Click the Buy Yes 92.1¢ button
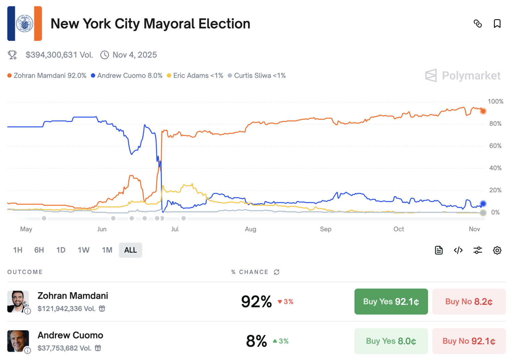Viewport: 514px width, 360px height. [x=391, y=301]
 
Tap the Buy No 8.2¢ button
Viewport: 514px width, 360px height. [x=469, y=301]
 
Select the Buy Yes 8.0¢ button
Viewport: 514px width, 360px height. [x=391, y=341]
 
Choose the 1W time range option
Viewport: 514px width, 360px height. [x=83, y=250]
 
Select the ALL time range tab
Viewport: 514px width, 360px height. [x=131, y=250]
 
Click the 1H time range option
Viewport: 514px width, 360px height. [x=18, y=250]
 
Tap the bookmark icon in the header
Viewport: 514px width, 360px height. [x=497, y=23]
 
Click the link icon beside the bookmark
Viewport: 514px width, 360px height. [x=478, y=23]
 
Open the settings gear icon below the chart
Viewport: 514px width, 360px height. [x=497, y=250]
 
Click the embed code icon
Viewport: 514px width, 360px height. [x=458, y=250]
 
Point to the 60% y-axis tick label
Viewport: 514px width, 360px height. [x=495, y=146]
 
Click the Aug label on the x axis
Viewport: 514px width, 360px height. [x=250, y=229]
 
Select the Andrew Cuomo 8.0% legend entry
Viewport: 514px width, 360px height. [x=126, y=76]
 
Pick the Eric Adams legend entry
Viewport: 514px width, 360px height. [x=195, y=76]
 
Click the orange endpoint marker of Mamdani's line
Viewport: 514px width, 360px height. [x=483, y=111]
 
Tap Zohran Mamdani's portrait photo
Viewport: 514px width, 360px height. [x=18, y=301]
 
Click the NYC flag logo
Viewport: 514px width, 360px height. [x=24, y=23]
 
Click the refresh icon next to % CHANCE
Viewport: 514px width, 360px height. [x=276, y=272]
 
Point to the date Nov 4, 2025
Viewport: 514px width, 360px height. [x=135, y=55]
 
